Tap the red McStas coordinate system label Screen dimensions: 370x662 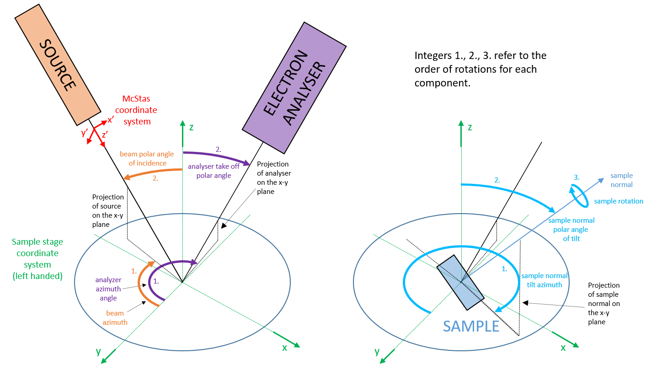(x=136, y=110)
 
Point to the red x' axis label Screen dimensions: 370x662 (x=110, y=121)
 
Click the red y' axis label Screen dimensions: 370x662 (x=85, y=133)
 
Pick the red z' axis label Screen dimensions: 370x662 (x=105, y=134)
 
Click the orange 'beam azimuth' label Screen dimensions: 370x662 (x=117, y=317)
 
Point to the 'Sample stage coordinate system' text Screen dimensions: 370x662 (x=38, y=258)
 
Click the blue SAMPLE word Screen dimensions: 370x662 (x=471, y=326)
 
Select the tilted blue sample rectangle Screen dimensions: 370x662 (x=460, y=282)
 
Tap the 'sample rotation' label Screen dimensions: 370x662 (x=619, y=201)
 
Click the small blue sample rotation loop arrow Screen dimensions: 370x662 (x=578, y=196)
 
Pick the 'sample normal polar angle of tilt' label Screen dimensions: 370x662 (x=571, y=229)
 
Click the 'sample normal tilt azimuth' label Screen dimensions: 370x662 (x=545, y=280)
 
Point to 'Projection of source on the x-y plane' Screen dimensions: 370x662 (x=108, y=210)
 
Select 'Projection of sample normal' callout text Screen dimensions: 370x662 (x=604, y=303)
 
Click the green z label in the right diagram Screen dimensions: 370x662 (x=470, y=128)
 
